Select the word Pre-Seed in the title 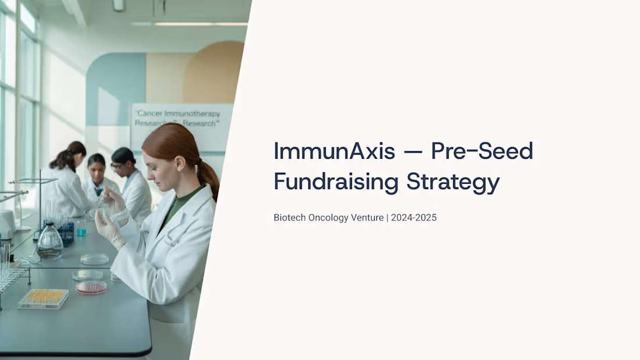pyautogui.click(x=482, y=152)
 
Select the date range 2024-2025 pyautogui.click(x=414, y=218)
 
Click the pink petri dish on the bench pyautogui.click(x=91, y=287)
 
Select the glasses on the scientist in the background pyautogui.click(x=118, y=166)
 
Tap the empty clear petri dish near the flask pyautogui.click(x=94, y=259)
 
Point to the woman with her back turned pyautogui.click(x=67, y=180)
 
